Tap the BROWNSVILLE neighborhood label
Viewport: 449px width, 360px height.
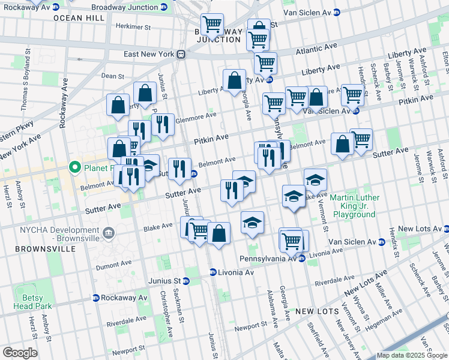(37, 248)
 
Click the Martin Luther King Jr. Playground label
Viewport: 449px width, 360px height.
(355, 206)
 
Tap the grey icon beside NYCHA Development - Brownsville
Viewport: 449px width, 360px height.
(108, 233)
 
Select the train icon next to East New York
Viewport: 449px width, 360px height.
(180, 54)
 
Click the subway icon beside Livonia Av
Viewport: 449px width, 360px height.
(212, 272)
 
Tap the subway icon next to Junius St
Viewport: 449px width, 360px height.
(186, 281)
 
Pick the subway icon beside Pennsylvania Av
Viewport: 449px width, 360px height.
(303, 258)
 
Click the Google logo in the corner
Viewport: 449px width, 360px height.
(19, 353)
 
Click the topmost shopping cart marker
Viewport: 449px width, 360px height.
(212, 25)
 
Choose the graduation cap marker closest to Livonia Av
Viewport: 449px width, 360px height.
(253, 223)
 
